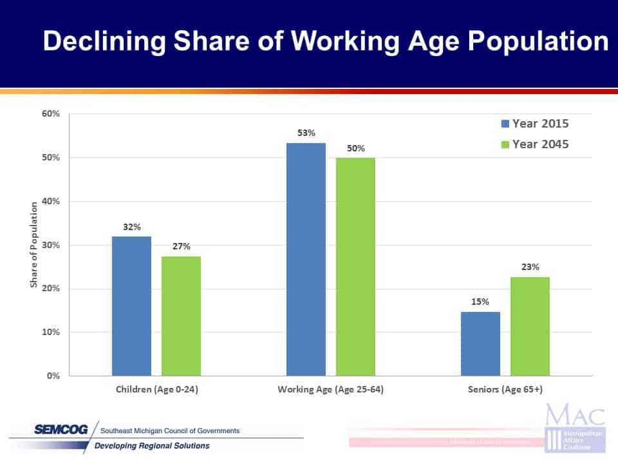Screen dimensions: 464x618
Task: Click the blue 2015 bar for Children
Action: point(131,306)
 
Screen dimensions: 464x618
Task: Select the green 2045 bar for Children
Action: point(181,316)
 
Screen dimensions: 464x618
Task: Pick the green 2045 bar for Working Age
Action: point(355,267)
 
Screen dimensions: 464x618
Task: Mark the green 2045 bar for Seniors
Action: point(530,326)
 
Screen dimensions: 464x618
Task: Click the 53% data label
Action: point(306,133)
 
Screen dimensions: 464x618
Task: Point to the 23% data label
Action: point(530,267)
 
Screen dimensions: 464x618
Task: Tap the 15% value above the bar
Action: point(480,302)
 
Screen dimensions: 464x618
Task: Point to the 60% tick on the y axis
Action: point(50,114)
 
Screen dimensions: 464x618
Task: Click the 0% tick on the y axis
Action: point(53,376)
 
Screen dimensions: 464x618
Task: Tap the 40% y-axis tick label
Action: point(50,201)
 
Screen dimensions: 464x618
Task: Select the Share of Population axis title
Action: point(34,245)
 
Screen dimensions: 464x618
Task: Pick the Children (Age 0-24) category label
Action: point(156,390)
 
